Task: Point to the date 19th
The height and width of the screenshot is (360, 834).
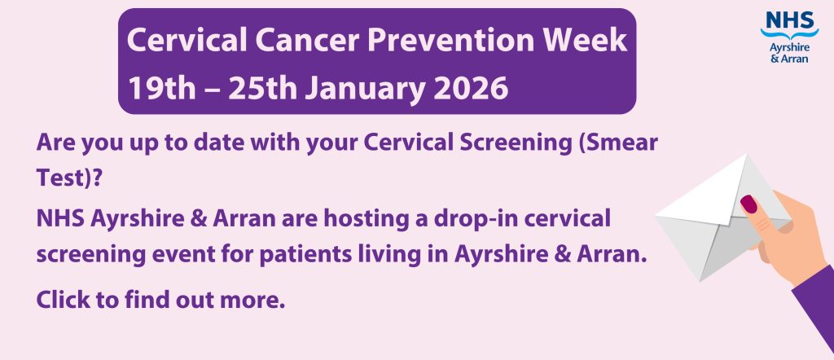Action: [x=162, y=88]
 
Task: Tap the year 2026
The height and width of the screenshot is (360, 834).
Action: [x=471, y=88]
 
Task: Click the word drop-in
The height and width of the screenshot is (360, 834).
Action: [x=473, y=220]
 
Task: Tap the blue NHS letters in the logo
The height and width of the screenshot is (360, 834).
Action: [x=789, y=20]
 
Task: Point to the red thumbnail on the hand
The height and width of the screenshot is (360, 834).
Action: [x=749, y=204]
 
